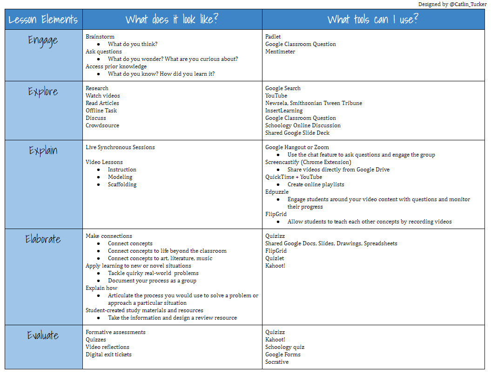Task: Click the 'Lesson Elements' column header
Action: pos(43,20)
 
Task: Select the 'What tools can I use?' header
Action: pos(373,20)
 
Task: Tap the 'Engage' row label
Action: pos(43,40)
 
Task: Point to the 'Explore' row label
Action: pos(43,92)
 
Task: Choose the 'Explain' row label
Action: pos(43,151)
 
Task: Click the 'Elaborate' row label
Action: pos(43,239)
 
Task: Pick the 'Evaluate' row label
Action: pos(43,335)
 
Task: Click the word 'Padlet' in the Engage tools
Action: pos(273,37)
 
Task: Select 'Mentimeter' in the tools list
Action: pos(280,52)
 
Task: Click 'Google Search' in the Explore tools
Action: pos(283,88)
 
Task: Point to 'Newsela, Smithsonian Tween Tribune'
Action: pos(314,103)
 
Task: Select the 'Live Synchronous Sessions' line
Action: pos(120,147)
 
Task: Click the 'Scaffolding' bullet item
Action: pos(122,184)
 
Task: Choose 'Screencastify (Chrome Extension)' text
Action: pos(308,162)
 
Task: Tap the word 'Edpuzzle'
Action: pos(277,192)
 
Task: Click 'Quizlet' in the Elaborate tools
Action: pos(275,258)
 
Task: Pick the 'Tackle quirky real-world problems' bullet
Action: pos(153,273)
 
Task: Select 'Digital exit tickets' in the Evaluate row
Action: pos(108,354)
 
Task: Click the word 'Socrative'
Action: pos(277,362)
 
